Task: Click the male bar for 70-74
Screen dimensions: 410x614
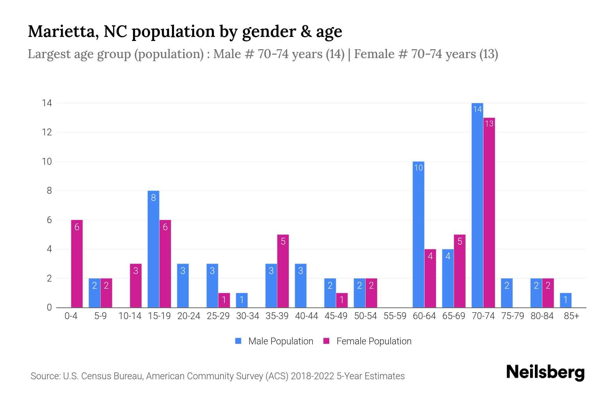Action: tap(477, 205)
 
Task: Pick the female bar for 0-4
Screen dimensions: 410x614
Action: tap(77, 263)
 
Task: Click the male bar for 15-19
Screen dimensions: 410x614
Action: tap(153, 249)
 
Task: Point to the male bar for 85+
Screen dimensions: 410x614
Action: tap(566, 300)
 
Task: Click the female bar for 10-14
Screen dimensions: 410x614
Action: tap(136, 286)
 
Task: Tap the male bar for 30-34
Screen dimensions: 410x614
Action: tap(242, 300)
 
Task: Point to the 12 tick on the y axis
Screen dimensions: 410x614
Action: tap(47, 132)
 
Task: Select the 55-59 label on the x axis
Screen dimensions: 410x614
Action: tap(395, 316)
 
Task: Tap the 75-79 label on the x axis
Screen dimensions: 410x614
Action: tap(512, 316)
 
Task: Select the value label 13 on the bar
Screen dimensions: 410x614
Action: tap(489, 124)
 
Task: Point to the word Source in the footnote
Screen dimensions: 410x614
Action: tap(45, 376)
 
